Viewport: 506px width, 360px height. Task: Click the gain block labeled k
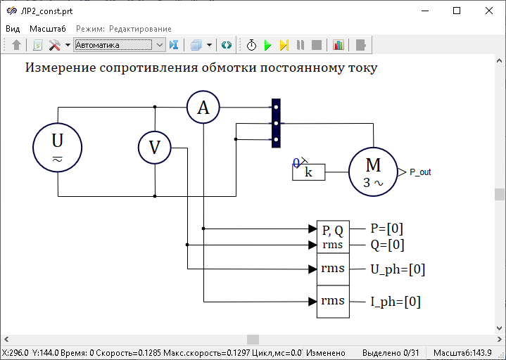[x=308, y=172]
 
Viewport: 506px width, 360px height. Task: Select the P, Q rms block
[x=333, y=237]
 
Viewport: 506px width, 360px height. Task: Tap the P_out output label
[x=420, y=172]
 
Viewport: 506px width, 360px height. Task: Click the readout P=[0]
[x=386, y=229]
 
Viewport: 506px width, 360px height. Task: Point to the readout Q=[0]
[x=387, y=245]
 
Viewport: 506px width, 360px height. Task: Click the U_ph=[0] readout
[x=398, y=269]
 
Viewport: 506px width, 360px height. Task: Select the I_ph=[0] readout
[x=396, y=302]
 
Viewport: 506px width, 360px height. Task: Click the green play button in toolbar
[x=267, y=45]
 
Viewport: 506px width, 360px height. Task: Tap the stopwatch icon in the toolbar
[x=251, y=45]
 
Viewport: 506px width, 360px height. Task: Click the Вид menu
[x=13, y=29]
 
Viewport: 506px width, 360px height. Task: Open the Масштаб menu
[x=48, y=29]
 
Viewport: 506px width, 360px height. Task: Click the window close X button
[x=489, y=11]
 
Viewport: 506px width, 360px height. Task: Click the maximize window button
[x=457, y=11]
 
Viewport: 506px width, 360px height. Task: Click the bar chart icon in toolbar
[x=339, y=45]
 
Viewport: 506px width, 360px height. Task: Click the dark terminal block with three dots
[x=276, y=123]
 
